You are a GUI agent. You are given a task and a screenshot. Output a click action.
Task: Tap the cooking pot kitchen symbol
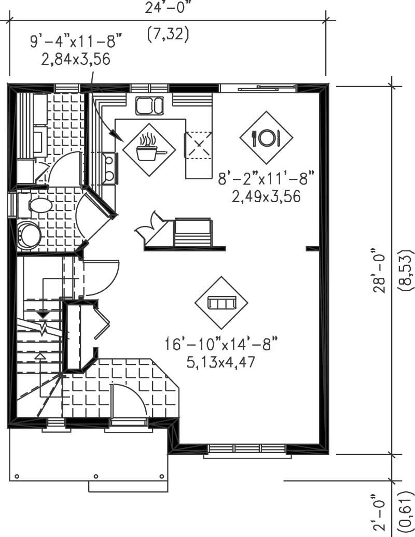point(148,149)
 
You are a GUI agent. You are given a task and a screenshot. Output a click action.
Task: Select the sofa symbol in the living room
point(222,303)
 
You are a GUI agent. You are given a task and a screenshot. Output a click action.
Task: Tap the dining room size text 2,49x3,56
point(267,197)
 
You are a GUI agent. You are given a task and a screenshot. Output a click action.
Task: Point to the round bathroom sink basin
point(30,234)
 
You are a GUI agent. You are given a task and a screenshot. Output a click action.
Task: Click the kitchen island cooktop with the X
point(199,146)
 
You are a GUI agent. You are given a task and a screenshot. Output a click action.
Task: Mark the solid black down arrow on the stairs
point(43,314)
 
